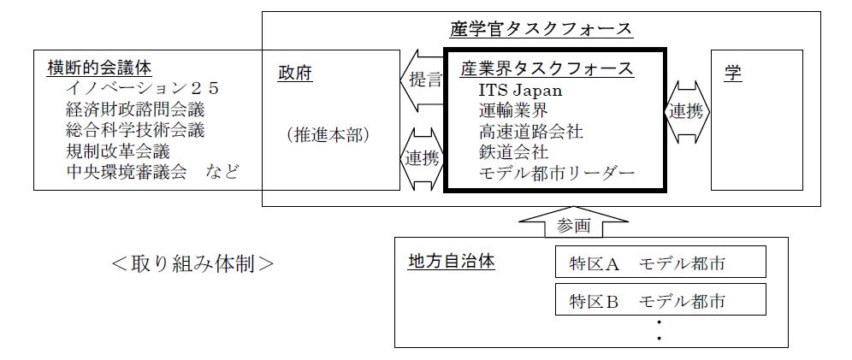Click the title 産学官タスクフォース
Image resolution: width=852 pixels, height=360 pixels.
[x=541, y=29]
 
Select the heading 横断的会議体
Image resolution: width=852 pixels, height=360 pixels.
[x=93, y=67]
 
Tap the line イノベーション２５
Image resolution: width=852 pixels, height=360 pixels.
[x=143, y=88]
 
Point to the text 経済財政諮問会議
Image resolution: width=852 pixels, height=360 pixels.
[x=135, y=109]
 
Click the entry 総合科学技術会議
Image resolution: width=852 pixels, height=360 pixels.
[x=135, y=130]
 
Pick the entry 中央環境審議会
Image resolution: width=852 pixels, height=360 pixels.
[x=126, y=172]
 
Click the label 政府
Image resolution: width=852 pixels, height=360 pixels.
[x=295, y=73]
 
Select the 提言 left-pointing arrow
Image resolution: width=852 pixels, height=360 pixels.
[x=422, y=80]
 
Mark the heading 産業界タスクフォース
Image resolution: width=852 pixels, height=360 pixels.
[x=547, y=68]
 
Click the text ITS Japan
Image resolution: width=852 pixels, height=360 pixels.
[x=521, y=90]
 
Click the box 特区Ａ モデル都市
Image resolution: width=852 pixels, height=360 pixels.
[x=660, y=263]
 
